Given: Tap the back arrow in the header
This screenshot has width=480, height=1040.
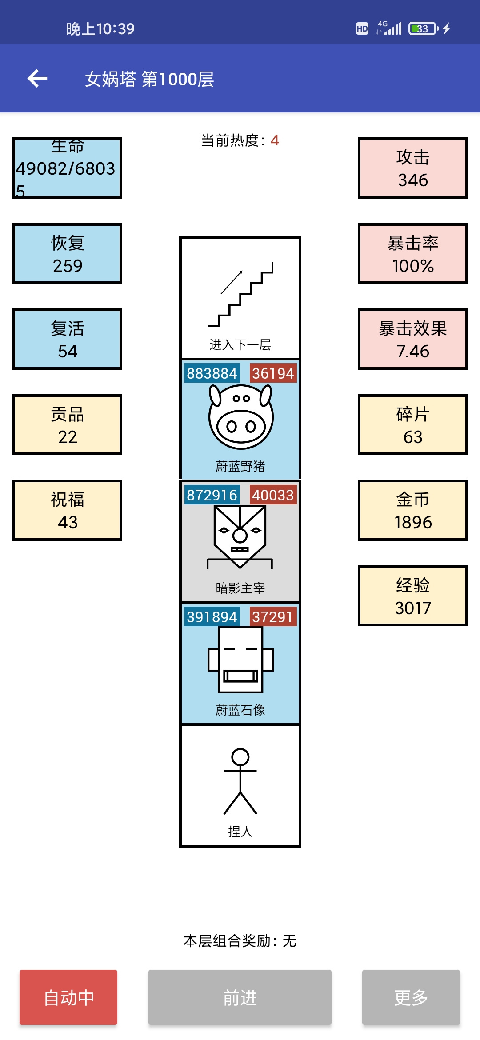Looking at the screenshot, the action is (x=37, y=79).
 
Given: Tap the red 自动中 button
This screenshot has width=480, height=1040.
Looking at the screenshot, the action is (x=68, y=997).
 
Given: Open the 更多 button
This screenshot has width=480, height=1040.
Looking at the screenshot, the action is (x=411, y=997).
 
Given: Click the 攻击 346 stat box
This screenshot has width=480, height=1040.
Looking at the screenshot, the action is (x=413, y=168).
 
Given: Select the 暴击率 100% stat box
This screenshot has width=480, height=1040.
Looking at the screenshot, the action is (x=413, y=254).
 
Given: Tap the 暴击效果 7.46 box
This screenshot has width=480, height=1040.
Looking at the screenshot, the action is (x=413, y=339).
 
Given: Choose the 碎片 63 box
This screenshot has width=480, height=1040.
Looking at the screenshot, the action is (x=413, y=425).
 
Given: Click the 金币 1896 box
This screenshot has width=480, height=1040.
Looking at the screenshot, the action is (x=413, y=510).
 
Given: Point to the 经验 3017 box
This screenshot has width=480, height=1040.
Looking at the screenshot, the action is (x=413, y=596).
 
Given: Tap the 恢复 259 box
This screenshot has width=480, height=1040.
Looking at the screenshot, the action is (x=67, y=254).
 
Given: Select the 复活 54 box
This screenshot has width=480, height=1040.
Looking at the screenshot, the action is (x=67, y=339).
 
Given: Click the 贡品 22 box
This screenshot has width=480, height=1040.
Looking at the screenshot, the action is (x=67, y=425).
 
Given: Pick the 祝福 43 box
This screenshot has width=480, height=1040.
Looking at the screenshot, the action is (x=67, y=510).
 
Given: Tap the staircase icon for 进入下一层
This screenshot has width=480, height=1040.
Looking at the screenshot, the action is (x=240, y=294).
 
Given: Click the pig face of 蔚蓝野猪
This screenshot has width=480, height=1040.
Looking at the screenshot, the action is (x=240, y=416).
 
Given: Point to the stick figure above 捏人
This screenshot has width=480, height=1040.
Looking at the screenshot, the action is (x=240, y=781).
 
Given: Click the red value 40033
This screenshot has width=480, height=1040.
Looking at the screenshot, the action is (x=273, y=495).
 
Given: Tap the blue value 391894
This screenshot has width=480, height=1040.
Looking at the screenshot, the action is (x=212, y=617).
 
